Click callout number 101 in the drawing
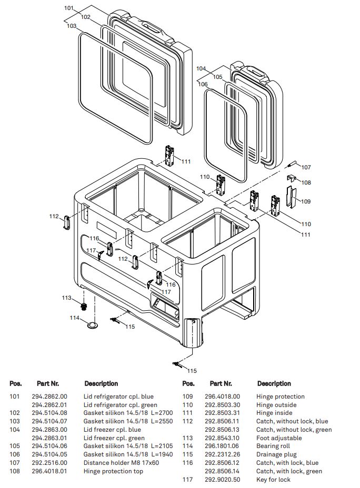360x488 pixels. coord(69,8)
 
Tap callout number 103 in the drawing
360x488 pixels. coord(72,25)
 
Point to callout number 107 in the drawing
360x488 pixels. coord(306,167)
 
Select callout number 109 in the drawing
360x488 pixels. coord(306,201)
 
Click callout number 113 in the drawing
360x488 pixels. coord(66,298)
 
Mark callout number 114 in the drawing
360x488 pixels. coord(75,318)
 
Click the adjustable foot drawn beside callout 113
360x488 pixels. coord(83,306)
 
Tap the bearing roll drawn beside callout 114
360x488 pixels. coord(93,326)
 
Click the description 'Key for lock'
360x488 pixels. coord(273,480)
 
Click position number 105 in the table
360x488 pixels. coord(15,446)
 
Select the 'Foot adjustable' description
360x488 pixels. coord(279,438)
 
